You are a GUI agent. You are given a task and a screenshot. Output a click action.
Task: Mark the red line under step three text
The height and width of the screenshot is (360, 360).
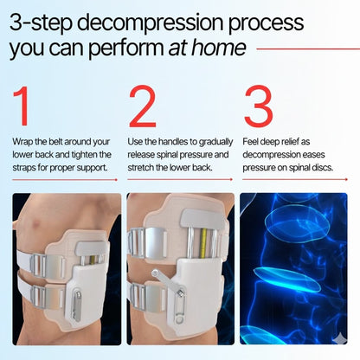pyautogui.click(x=293, y=180)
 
